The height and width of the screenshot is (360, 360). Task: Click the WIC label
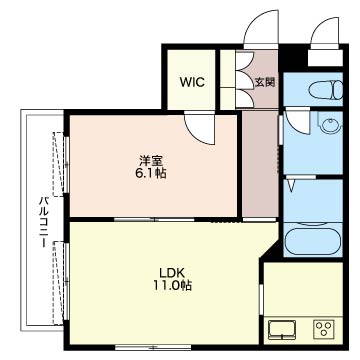192,82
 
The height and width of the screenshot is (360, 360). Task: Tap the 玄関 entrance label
265,82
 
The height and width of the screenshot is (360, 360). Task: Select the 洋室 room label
151,162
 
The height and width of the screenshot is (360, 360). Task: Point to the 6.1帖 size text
151,174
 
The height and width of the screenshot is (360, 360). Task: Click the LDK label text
172,273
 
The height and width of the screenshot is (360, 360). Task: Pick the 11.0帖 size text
172,285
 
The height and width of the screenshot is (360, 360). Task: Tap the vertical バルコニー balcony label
43,222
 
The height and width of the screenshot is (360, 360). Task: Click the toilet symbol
326,90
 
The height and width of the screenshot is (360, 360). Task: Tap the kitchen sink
282,329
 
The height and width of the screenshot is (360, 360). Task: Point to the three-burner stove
323,329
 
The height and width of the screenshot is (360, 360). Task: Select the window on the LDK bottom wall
153,347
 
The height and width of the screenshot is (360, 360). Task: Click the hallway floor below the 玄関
260,163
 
